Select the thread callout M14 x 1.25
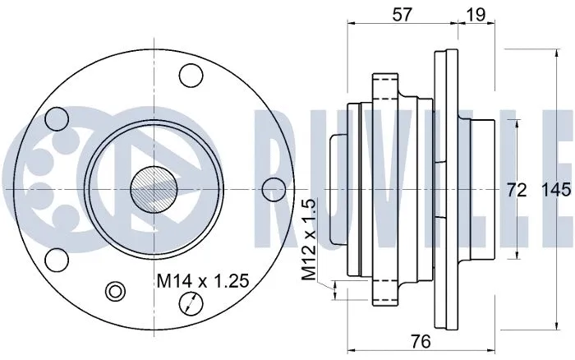point(202,282)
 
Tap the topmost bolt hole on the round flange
point(191,76)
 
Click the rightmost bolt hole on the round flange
point(273,190)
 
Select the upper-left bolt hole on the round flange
point(57,119)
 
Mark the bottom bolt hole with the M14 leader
point(191,303)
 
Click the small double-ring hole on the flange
point(115,291)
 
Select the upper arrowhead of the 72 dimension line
point(516,123)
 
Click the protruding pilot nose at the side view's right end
point(485,190)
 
